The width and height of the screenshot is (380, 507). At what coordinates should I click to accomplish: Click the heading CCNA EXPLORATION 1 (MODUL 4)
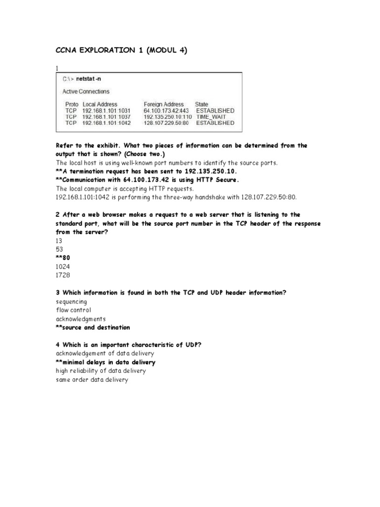[x=121, y=50]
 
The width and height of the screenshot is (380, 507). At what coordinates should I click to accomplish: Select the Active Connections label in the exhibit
[x=86, y=92]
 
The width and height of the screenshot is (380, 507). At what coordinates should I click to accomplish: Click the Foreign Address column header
[x=163, y=104]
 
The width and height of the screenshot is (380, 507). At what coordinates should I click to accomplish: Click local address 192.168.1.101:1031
[x=106, y=110]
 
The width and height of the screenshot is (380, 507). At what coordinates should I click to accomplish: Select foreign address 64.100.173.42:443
[x=167, y=110]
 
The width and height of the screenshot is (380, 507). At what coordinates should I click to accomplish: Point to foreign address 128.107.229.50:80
[x=167, y=123]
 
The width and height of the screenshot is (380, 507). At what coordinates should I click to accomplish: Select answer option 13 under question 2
[x=59, y=241]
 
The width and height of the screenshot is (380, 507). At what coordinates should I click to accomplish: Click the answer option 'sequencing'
[x=71, y=301]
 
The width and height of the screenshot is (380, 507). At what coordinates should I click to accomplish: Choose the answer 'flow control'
[x=74, y=310]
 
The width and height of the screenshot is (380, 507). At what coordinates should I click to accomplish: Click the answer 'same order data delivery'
[x=92, y=380]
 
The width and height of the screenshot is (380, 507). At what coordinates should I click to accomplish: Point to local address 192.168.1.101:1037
[x=106, y=117]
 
